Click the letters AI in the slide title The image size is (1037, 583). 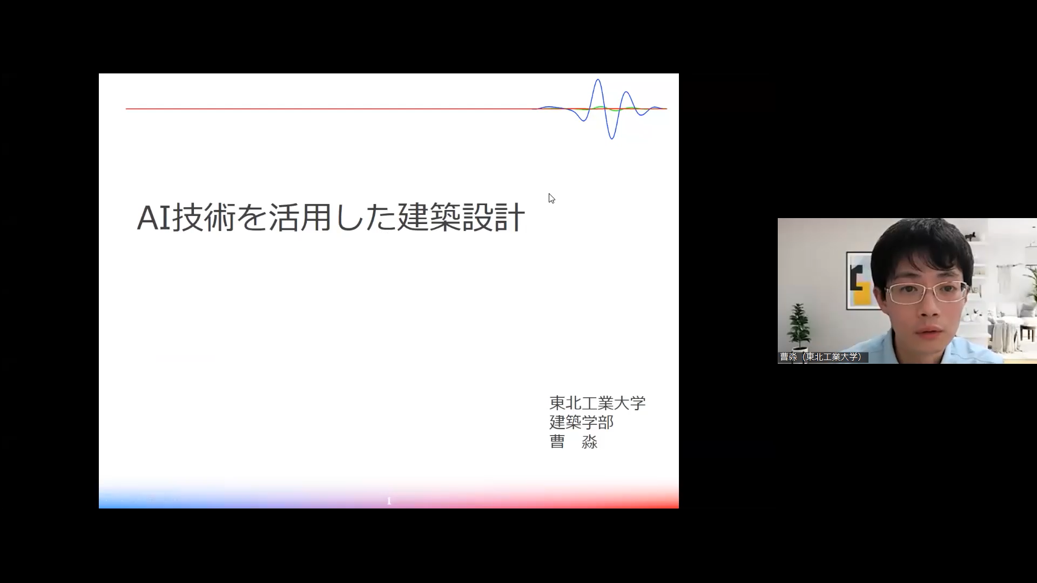[x=154, y=218]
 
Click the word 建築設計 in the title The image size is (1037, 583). [x=461, y=218]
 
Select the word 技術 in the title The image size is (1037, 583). [x=204, y=218]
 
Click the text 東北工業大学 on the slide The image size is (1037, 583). [x=597, y=403]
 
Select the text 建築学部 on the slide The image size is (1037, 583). [x=581, y=422]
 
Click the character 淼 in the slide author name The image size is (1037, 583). [x=589, y=442]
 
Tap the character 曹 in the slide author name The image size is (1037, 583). [x=557, y=442]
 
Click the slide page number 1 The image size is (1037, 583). [x=389, y=501]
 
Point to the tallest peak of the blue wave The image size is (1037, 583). [x=598, y=80]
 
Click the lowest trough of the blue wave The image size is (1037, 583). [x=612, y=138]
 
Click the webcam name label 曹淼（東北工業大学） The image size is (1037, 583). [x=823, y=357]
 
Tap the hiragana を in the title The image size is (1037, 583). [x=252, y=218]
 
